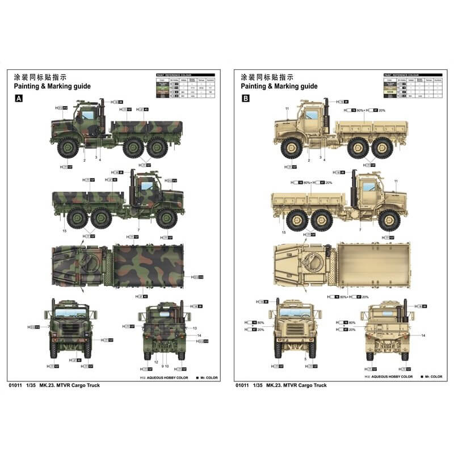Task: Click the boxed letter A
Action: (19, 98)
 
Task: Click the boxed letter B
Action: (246, 98)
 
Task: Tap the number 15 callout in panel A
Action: (65, 231)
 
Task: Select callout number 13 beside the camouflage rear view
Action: (194, 329)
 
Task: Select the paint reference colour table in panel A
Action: (185, 87)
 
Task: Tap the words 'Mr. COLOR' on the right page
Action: (433, 377)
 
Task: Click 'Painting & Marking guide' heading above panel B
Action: (279, 86)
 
